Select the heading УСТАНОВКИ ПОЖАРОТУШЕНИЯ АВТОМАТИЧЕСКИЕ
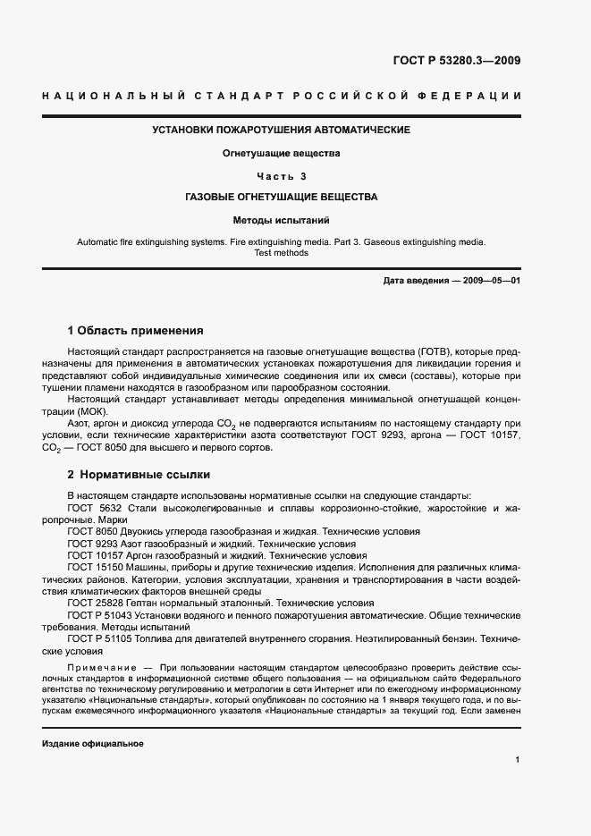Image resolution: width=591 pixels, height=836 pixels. (x=281, y=131)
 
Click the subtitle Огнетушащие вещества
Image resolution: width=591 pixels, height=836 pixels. (x=281, y=153)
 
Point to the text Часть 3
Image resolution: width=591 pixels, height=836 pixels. (x=281, y=175)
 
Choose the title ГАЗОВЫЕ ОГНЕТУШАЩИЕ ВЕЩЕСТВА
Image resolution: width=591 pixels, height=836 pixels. (x=281, y=197)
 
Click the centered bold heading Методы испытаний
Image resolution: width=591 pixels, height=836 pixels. (x=281, y=219)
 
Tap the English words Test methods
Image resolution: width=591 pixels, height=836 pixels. (x=282, y=253)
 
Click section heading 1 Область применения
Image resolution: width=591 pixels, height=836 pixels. (x=135, y=331)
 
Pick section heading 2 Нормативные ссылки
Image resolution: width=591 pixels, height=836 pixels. (x=139, y=474)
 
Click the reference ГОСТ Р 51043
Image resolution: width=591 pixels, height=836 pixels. (x=103, y=616)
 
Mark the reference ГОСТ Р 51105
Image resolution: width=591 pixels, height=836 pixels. (x=103, y=640)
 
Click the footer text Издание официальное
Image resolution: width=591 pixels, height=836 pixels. (x=93, y=744)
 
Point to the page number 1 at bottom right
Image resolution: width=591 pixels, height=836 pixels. (x=518, y=760)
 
